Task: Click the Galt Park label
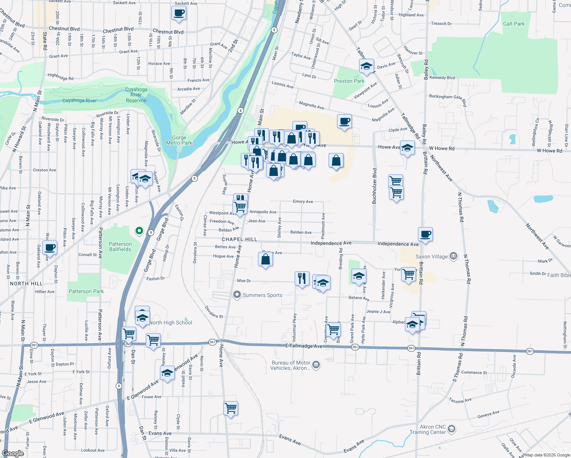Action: click(513, 24)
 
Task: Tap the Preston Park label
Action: click(349, 81)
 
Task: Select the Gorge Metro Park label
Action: click(179, 140)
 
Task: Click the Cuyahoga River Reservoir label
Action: click(136, 95)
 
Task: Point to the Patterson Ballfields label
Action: click(120, 247)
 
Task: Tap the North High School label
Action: click(171, 323)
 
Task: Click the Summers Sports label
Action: click(262, 295)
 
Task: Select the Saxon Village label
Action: click(431, 256)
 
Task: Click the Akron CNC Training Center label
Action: click(427, 429)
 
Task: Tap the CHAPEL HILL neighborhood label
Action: click(239, 239)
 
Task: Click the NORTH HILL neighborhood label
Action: click(26, 284)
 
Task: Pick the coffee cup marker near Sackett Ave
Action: click(179, 13)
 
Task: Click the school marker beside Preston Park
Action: click(366, 66)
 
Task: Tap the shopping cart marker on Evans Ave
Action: click(231, 408)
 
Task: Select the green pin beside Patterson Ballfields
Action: click(139, 231)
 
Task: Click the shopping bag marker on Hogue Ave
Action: click(265, 260)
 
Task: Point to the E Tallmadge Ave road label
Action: click(304, 346)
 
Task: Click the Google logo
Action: click(13, 453)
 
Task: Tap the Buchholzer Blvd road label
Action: click(374, 186)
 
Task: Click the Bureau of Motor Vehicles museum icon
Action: click(316, 364)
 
